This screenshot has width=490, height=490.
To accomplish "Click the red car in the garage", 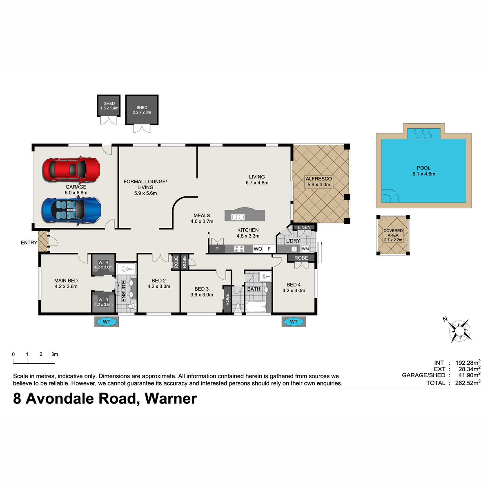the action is [x=71, y=169].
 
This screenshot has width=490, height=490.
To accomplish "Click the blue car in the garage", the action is [x=71, y=211].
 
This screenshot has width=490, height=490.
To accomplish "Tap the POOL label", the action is [x=423, y=168].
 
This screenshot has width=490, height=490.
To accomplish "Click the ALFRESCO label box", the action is [x=318, y=182].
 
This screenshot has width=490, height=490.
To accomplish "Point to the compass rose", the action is [x=459, y=331].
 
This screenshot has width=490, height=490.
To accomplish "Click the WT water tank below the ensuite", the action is [x=107, y=322].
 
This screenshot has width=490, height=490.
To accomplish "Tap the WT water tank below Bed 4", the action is [x=294, y=322].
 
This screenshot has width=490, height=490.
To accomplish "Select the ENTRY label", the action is [x=29, y=243].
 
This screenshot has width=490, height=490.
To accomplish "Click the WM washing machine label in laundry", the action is [x=305, y=249].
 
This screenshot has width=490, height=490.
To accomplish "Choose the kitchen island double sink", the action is [x=238, y=217].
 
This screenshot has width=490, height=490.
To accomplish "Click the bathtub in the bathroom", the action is [x=256, y=307].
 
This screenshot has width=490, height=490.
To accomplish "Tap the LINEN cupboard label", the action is [x=304, y=227].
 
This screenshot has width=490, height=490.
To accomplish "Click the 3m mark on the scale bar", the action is [x=55, y=361].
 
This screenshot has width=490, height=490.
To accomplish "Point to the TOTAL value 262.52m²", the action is [x=468, y=383].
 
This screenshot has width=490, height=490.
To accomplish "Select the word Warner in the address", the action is [x=171, y=399].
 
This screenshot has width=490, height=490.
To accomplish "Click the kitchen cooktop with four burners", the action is [x=239, y=249].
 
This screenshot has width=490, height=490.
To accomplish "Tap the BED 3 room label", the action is [x=201, y=289].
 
